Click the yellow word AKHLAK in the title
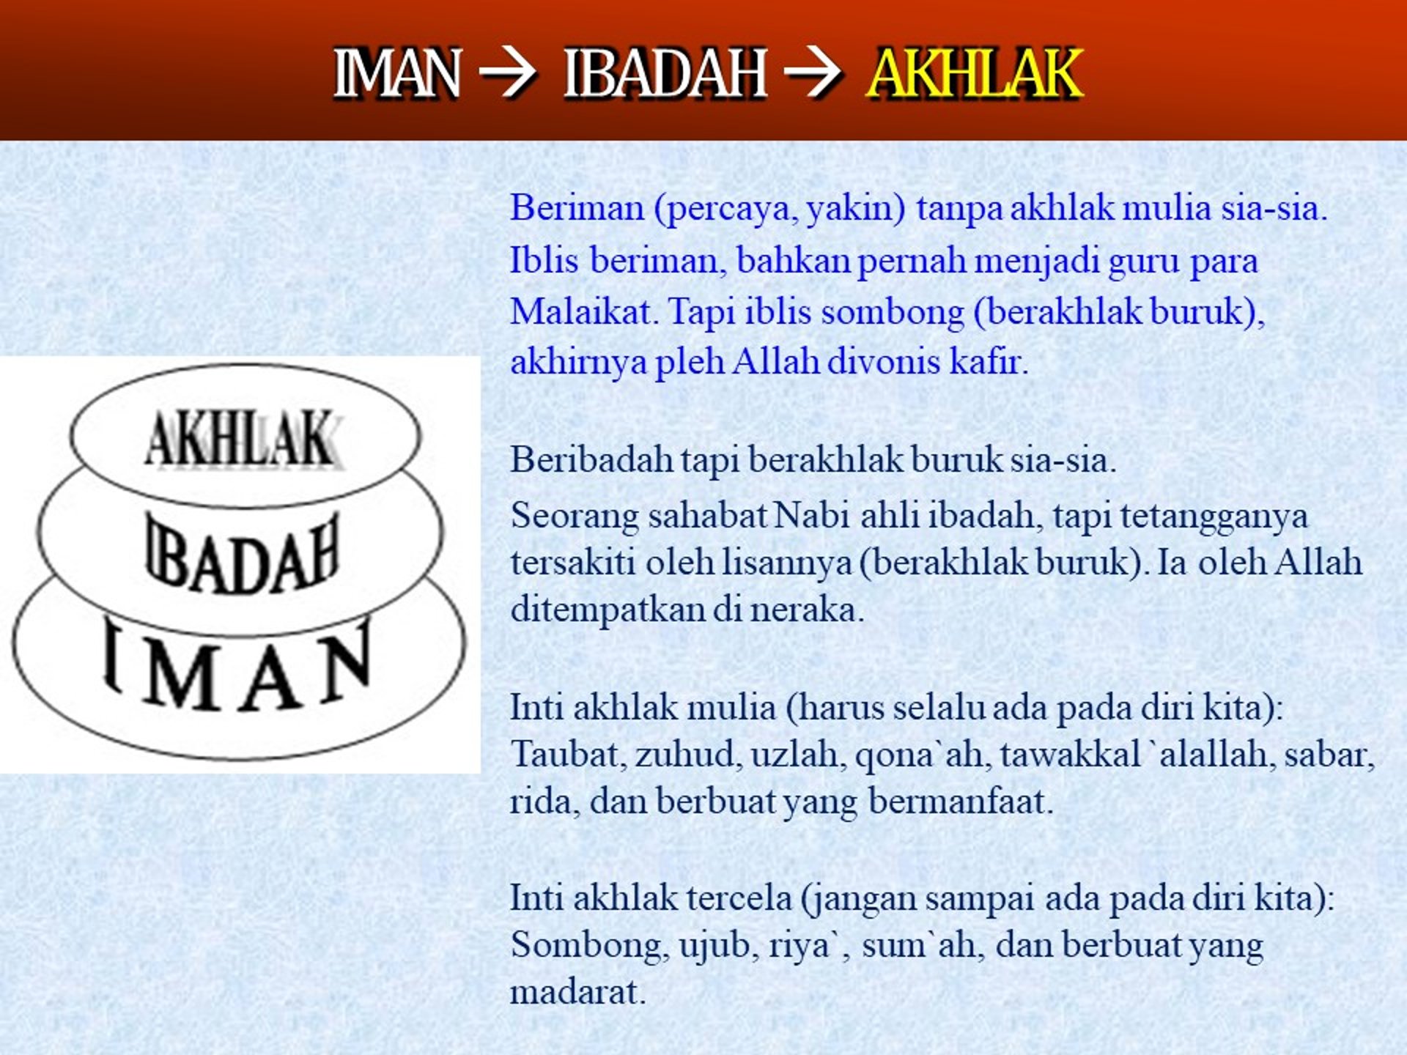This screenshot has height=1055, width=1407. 974,73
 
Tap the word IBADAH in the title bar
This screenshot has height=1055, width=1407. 665,73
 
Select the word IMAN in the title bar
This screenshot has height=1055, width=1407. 398,73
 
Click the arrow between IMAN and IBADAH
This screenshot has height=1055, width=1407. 507,73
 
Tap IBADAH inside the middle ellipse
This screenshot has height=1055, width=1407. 243,553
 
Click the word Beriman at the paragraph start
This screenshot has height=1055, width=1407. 577,208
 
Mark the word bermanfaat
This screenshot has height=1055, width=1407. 961,801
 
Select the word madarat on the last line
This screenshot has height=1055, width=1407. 577,993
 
